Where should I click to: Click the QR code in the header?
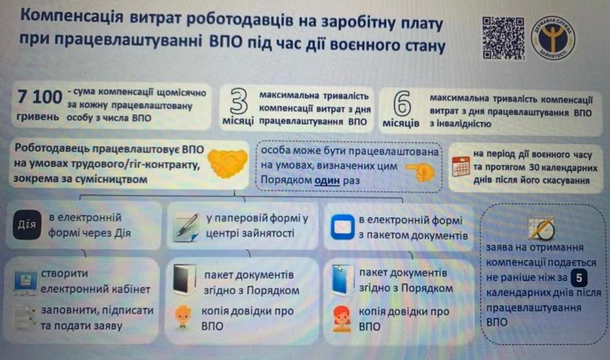(x=503, y=38)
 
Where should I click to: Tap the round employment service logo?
(x=553, y=38)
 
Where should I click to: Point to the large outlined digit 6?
(x=402, y=104)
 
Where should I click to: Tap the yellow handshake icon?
(x=227, y=163)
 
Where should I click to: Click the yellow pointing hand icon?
(x=420, y=171)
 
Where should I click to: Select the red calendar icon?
(x=461, y=166)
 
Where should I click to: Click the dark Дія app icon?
(x=27, y=225)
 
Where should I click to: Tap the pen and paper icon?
(x=186, y=227)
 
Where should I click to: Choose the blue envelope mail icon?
(x=342, y=227)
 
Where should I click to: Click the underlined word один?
(x=327, y=180)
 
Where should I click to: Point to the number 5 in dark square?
(x=579, y=278)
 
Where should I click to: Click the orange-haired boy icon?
(x=182, y=317)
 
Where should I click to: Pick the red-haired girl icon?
(x=341, y=319)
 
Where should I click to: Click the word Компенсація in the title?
(x=71, y=16)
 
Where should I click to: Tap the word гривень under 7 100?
(x=38, y=116)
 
